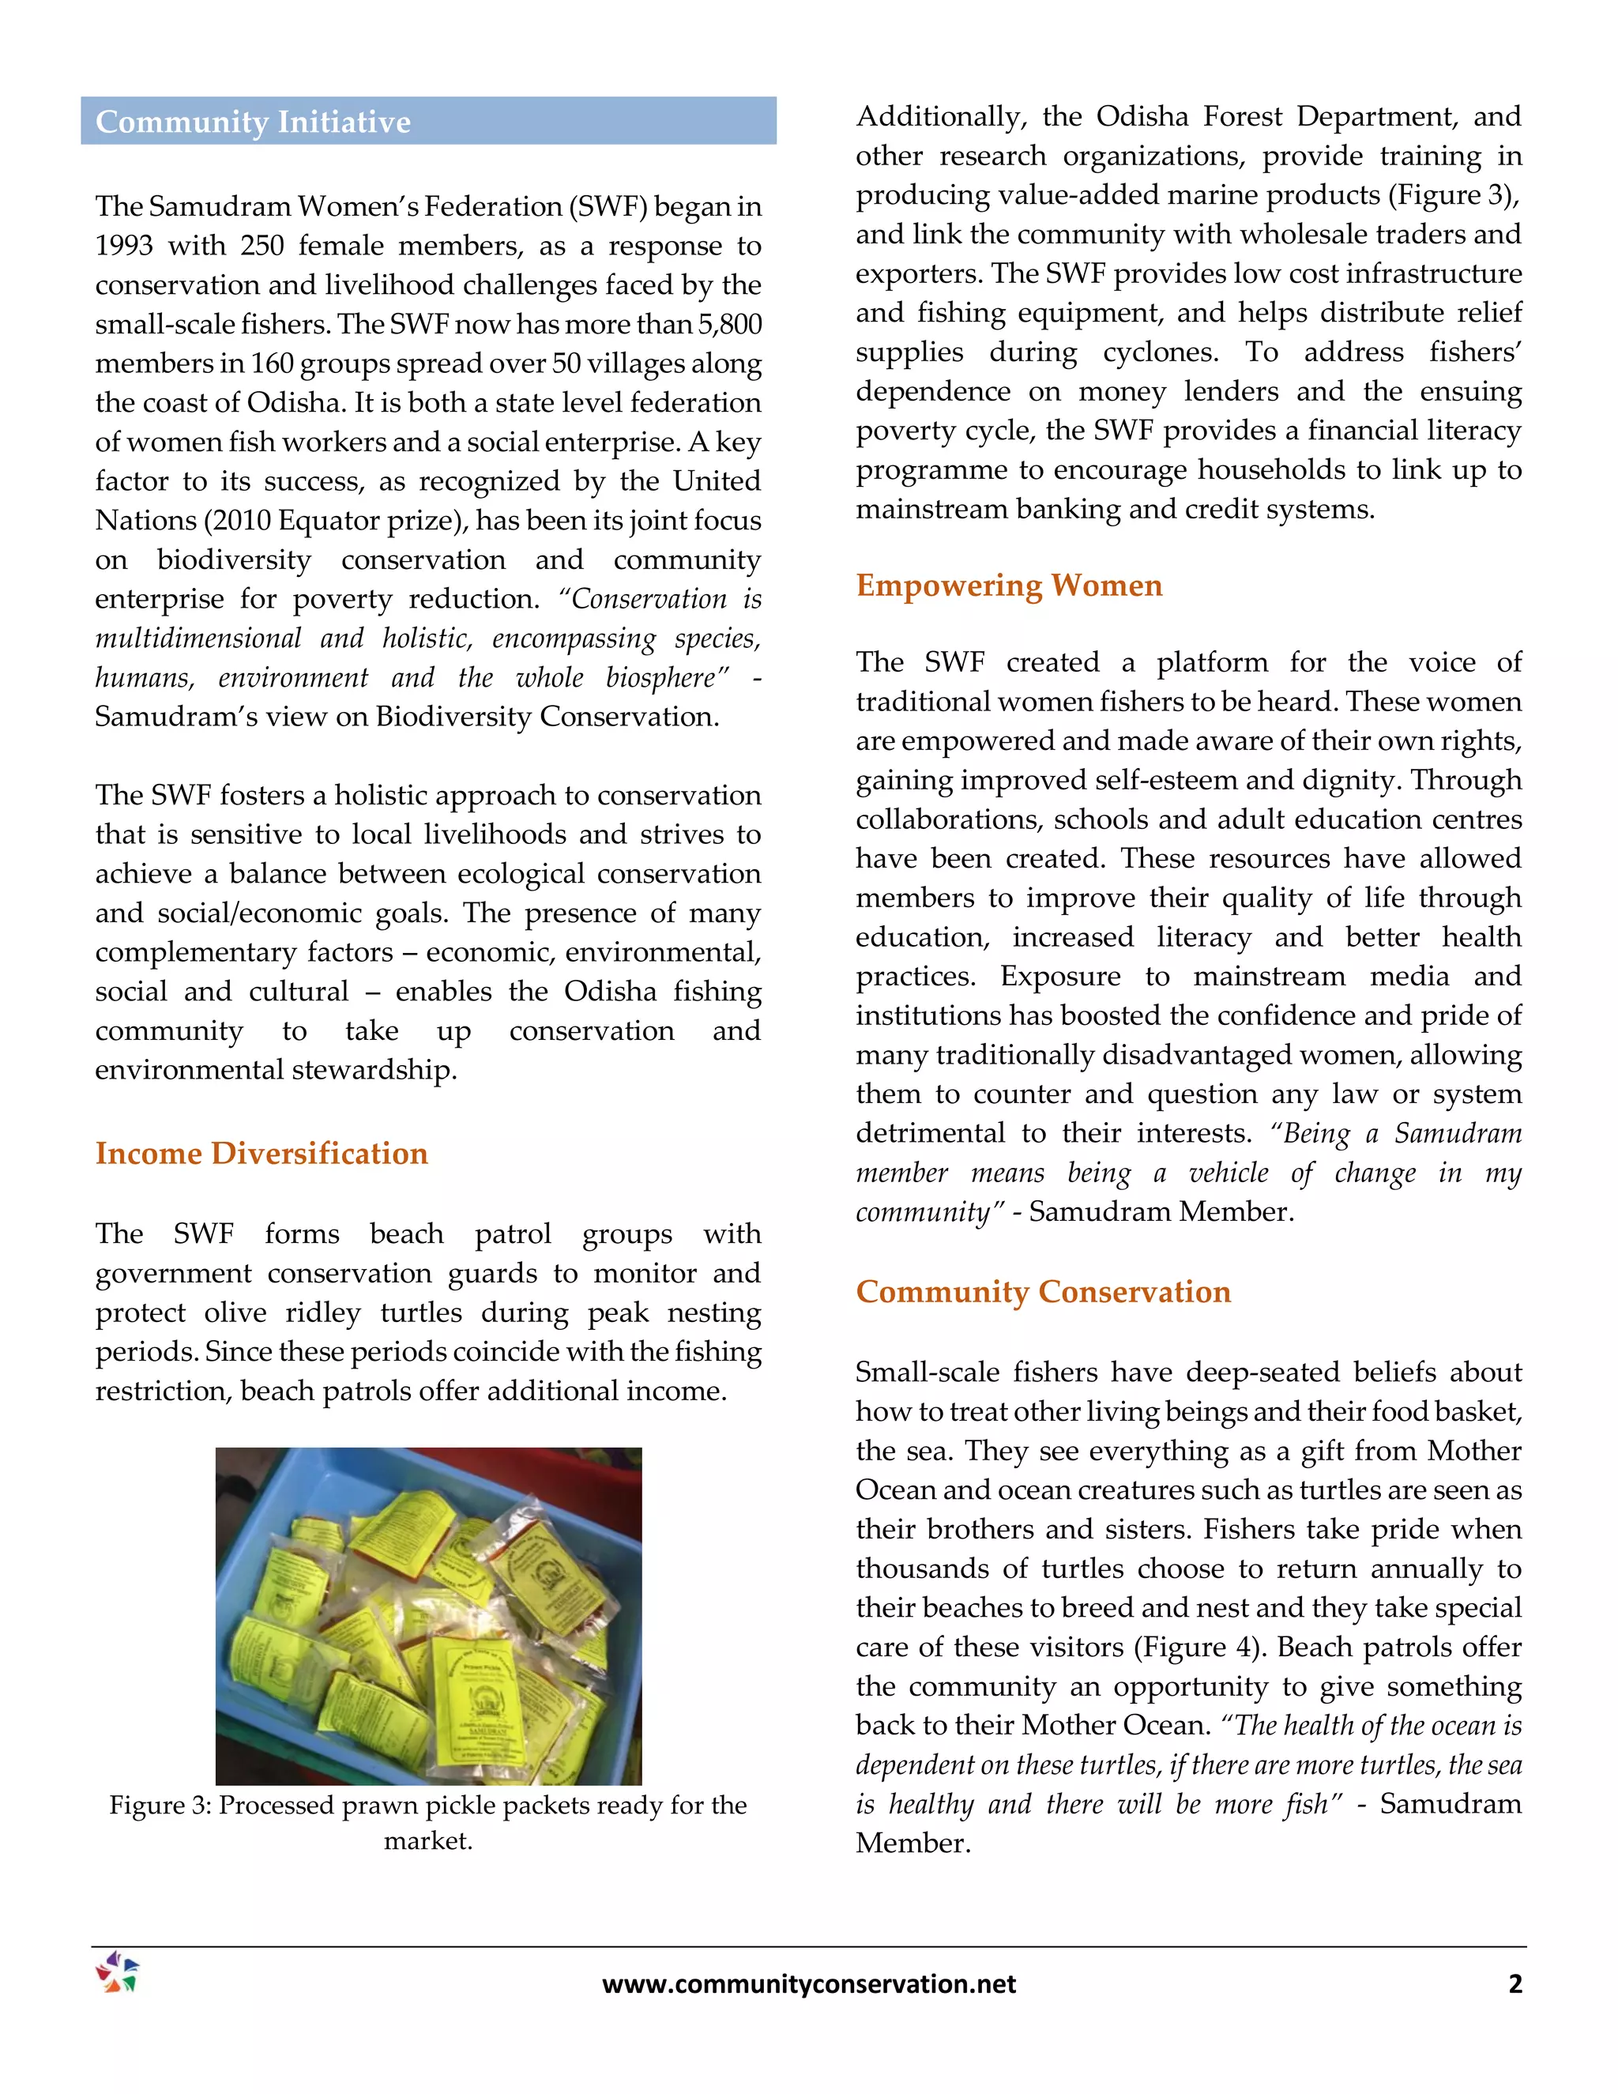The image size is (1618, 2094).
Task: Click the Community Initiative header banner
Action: click(x=427, y=121)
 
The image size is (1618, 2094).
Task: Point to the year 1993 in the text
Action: click(x=124, y=246)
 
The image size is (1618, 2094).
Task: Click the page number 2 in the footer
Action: click(x=1515, y=1983)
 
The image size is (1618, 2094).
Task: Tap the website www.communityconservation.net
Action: click(x=808, y=1983)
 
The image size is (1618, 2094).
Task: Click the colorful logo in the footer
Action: click(x=117, y=1973)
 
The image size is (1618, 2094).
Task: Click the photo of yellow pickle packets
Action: click(x=427, y=1616)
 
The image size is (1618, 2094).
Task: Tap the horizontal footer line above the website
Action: click(x=808, y=1946)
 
